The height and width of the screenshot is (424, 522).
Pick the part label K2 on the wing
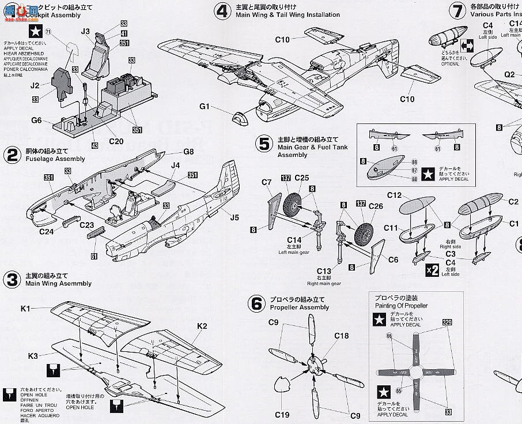coord(202,326)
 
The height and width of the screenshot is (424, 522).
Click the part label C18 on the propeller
coord(341,335)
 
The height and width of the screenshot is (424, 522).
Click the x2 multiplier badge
coord(432,269)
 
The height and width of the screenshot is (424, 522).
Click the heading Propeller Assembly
coord(299,307)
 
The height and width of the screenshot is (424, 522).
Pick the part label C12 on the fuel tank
coord(394,196)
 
